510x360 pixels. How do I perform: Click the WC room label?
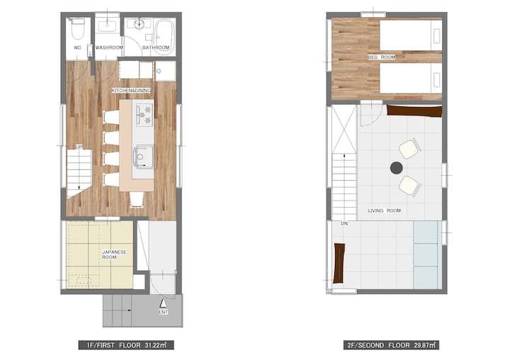pyautogui.click(x=77, y=47)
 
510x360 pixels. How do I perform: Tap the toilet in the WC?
pyautogui.click(x=77, y=28)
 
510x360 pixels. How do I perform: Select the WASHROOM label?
pyautogui.click(x=109, y=47)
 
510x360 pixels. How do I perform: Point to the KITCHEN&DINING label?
pyautogui.click(x=132, y=90)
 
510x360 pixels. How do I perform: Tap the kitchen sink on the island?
pyautogui.click(x=143, y=157)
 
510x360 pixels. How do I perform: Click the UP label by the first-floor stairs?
pyautogui.click(x=79, y=147)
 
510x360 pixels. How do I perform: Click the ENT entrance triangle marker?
pyautogui.click(x=163, y=303)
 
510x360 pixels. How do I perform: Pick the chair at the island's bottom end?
pyautogui.click(x=137, y=199)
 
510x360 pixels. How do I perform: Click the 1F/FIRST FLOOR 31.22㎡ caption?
pyautogui.click(x=126, y=345)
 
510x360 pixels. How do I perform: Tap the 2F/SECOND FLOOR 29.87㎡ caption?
pyautogui.click(x=391, y=345)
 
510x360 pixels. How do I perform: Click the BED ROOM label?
pyautogui.click(x=382, y=57)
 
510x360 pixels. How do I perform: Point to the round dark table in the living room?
pyautogui.click(x=396, y=168)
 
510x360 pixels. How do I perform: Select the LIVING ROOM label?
pyautogui.click(x=385, y=210)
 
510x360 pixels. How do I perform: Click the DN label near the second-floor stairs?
pyautogui.click(x=344, y=224)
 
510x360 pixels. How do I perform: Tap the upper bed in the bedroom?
pyautogui.click(x=411, y=35)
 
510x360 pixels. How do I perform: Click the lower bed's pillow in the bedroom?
pyautogui.click(x=437, y=80)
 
